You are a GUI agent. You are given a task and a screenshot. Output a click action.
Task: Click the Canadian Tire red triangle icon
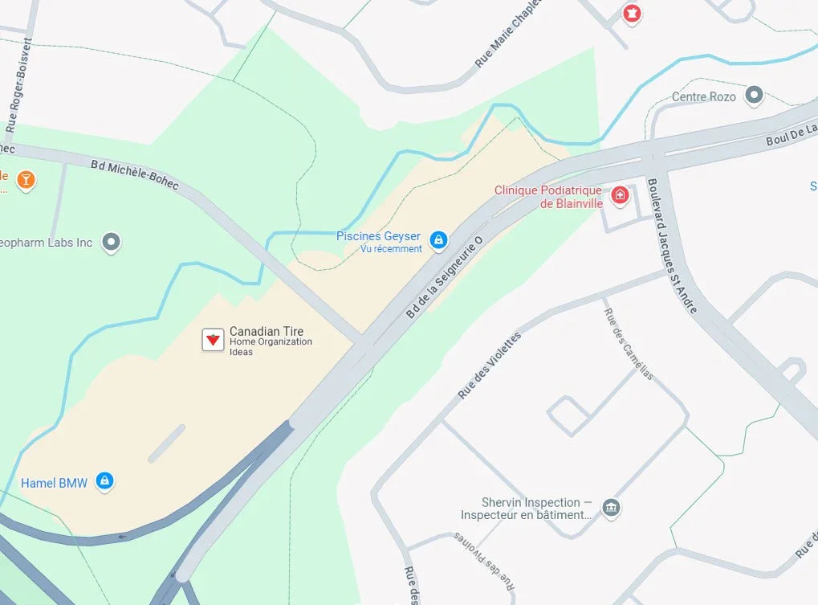point(213,340)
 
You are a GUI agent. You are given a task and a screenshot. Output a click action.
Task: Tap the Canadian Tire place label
point(267,332)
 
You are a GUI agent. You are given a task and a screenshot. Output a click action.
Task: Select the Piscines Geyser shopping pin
point(438,239)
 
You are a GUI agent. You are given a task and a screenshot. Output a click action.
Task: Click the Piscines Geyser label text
point(378,236)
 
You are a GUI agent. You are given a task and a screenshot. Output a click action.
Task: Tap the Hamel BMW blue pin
point(104,480)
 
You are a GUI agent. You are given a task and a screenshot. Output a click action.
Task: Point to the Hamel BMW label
point(54,483)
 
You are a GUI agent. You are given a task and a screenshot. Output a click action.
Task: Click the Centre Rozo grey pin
point(753,96)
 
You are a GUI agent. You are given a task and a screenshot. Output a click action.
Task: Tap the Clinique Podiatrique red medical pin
point(620,194)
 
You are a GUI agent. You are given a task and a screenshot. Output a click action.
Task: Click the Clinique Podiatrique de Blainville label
point(547,197)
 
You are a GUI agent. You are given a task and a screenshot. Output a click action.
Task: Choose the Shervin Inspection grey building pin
point(612,507)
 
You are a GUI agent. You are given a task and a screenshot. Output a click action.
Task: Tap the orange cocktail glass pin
point(26,178)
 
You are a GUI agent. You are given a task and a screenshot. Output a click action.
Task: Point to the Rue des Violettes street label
point(489,366)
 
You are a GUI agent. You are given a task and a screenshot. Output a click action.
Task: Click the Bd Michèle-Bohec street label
point(134,175)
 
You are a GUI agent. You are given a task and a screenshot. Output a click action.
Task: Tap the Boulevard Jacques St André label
point(671,246)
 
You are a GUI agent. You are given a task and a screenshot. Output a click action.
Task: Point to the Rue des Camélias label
point(628,344)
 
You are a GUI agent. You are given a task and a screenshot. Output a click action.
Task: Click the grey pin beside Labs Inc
point(112,242)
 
